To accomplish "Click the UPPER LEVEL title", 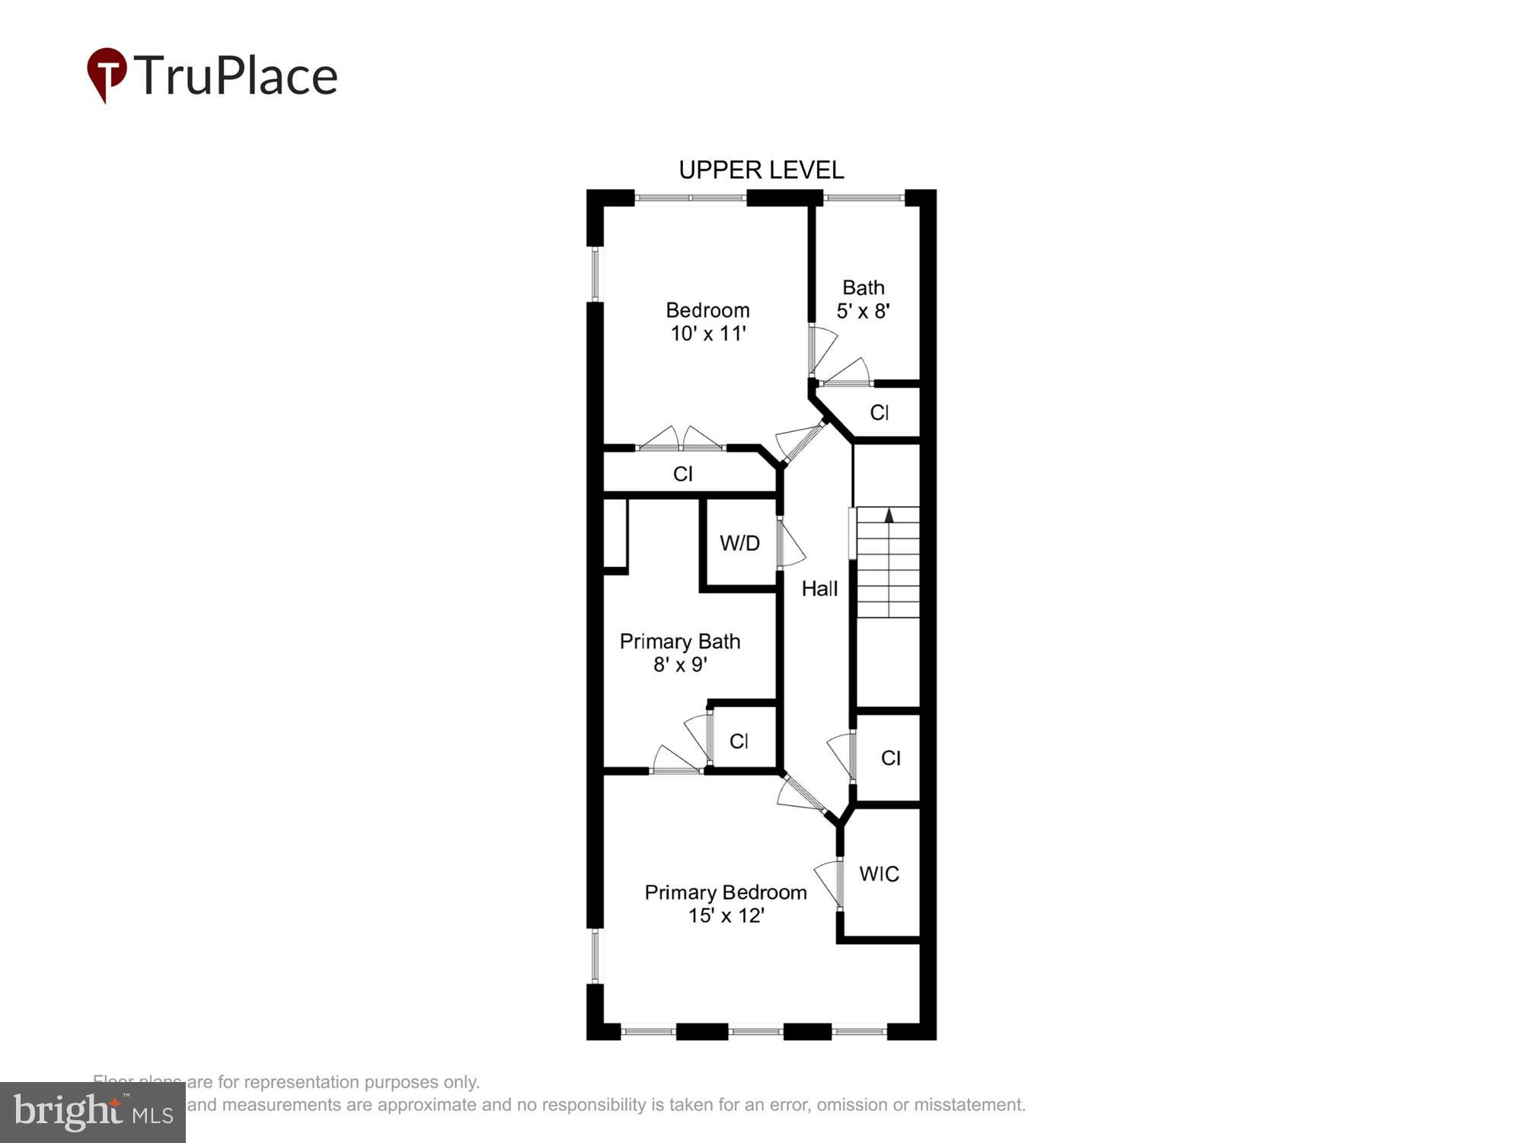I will click(761, 170).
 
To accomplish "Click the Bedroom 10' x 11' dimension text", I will click(707, 334).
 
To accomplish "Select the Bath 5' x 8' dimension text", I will click(863, 311).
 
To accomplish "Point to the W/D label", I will click(739, 543).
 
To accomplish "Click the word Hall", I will click(819, 588).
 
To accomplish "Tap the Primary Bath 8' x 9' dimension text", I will click(680, 664).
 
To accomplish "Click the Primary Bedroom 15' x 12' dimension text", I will click(726, 915).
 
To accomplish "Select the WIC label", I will click(879, 874).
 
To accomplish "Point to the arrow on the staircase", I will click(889, 516).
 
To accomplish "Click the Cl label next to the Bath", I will click(879, 412).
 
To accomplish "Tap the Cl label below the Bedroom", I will click(682, 474).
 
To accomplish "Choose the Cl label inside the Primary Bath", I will click(739, 741).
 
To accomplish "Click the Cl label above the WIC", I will click(890, 757).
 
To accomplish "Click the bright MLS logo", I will click(93, 1113).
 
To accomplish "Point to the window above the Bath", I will click(863, 199).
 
